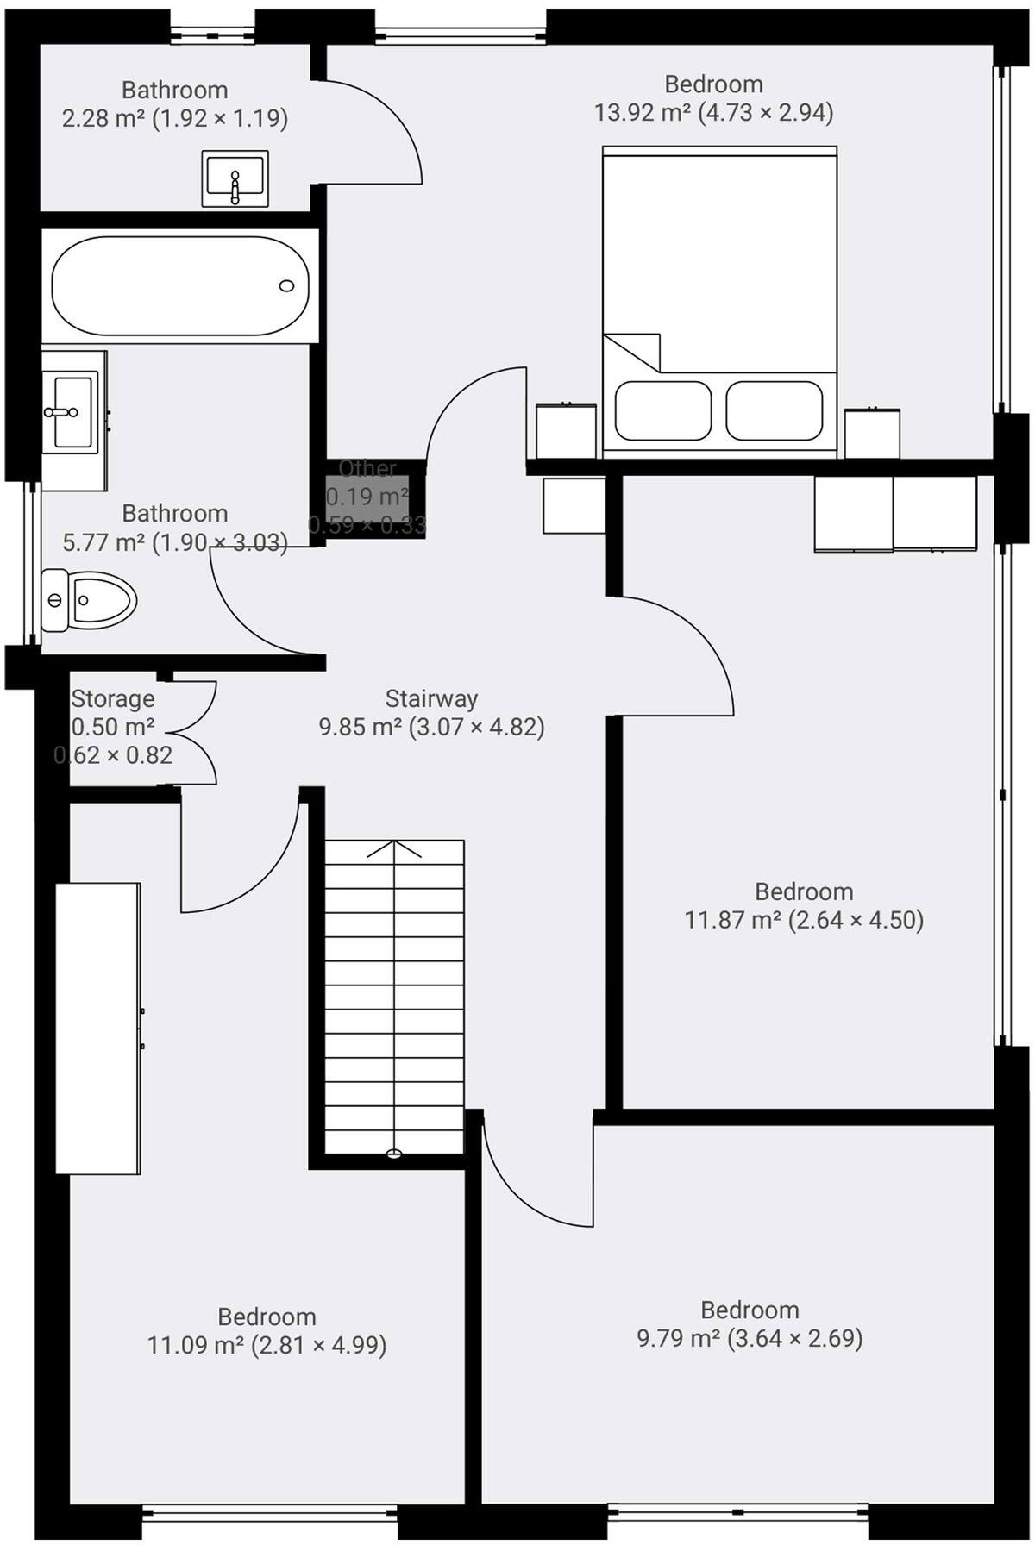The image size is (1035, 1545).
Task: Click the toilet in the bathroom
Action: pos(89,597)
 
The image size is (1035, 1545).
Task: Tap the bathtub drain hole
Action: pos(287,285)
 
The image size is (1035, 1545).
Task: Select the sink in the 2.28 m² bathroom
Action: pos(235,178)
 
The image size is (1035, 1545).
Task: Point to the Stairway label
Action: pos(431,697)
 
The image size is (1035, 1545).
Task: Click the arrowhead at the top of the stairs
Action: pos(394,848)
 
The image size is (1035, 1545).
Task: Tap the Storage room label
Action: pos(113,698)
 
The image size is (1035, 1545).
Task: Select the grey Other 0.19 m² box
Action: pos(367,498)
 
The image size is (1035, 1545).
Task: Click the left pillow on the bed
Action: pos(662,410)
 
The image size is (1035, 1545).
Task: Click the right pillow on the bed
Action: pos(774,410)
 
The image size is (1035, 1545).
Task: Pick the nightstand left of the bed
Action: pos(566,431)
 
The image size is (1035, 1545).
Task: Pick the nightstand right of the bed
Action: pos(872,434)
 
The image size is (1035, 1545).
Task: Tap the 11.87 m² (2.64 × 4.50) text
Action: pos(804,920)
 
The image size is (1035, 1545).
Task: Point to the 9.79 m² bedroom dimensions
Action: pos(749,1338)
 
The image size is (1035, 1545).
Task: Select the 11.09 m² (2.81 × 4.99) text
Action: pos(267,1344)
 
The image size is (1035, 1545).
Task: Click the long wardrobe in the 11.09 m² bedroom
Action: pos(97,1028)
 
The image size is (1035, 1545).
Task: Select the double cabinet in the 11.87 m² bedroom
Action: pos(895,513)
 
